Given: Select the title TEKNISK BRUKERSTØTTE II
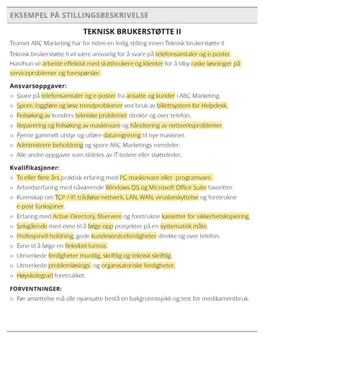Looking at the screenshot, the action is pyautogui.click(x=132, y=32).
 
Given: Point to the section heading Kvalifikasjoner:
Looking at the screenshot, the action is pyautogui.click(x=35, y=168).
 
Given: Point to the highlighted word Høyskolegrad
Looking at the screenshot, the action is pyautogui.click(x=35, y=275).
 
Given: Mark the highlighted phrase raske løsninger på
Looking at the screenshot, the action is pyautogui.click(x=216, y=63).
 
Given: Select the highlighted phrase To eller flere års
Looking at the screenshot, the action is pyautogui.click(x=38, y=177).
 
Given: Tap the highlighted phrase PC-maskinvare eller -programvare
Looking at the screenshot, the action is pyautogui.click(x=166, y=177).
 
